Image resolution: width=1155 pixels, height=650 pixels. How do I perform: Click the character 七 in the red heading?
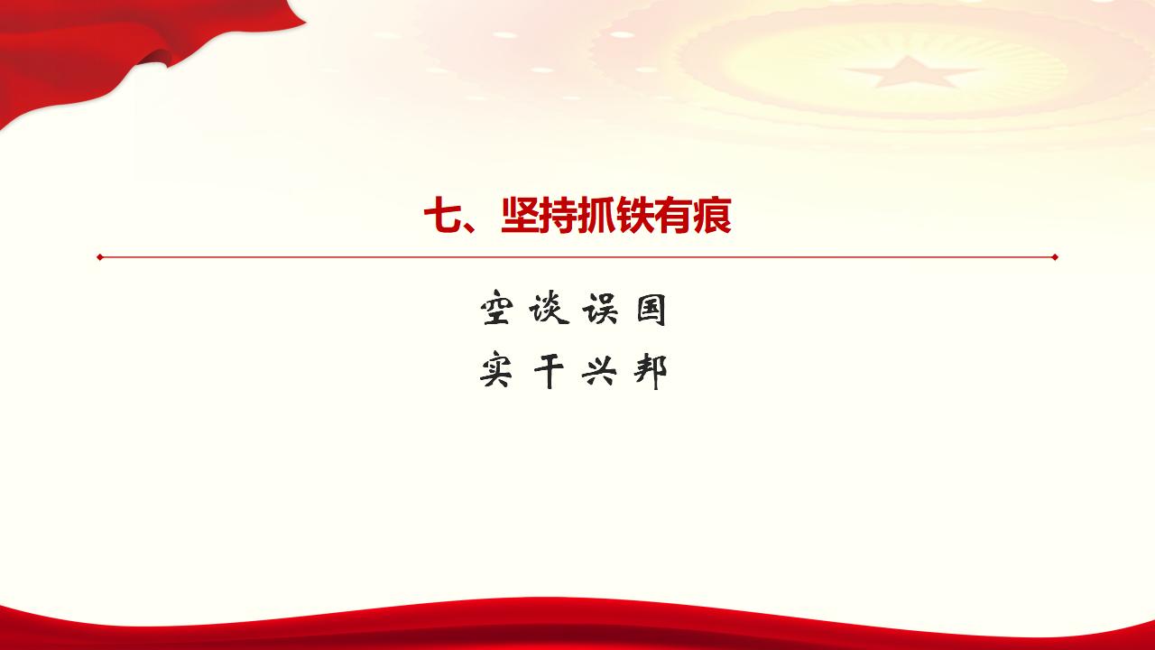442,217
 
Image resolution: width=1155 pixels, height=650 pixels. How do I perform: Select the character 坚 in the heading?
520,217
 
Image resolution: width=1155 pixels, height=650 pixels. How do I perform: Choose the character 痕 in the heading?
713,217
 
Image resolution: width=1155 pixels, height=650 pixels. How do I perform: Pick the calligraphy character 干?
549,370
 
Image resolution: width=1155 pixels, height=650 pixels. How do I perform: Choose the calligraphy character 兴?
600,370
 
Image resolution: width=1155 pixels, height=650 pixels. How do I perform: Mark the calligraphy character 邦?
651,370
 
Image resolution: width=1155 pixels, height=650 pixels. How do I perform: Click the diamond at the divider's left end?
100,257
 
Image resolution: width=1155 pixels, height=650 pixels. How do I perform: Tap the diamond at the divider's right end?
1055,257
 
